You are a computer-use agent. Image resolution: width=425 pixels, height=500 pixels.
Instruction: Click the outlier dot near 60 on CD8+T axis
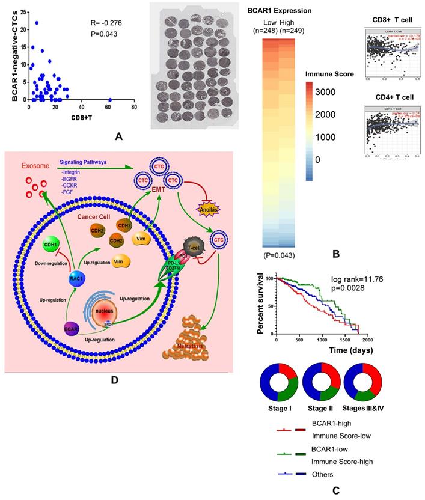[x=110, y=100]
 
